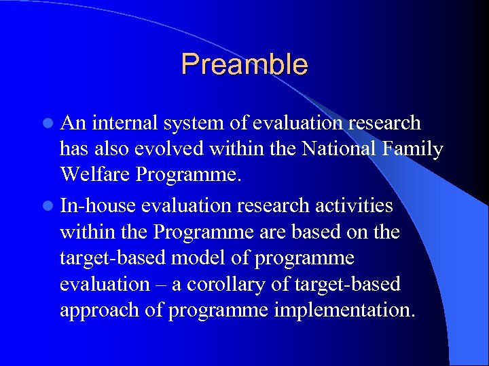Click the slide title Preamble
[244, 64]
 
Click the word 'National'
[333, 148]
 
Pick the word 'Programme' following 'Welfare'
[188, 175]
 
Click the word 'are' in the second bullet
[270, 232]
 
